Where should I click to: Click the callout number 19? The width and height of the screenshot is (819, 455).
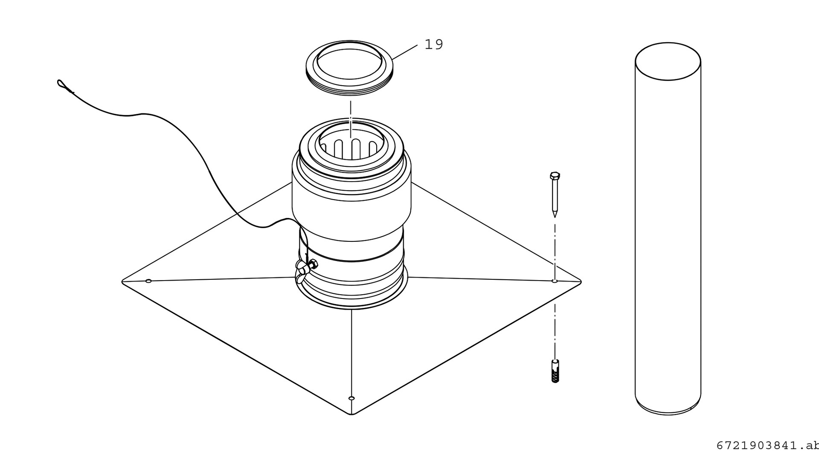click(x=434, y=44)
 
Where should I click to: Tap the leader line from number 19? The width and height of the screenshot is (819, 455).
click(x=404, y=52)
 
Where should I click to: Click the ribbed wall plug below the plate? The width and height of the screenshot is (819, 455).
click(x=555, y=371)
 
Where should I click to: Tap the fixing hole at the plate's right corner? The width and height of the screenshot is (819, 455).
click(x=555, y=281)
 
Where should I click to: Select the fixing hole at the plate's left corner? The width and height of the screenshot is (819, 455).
click(x=148, y=281)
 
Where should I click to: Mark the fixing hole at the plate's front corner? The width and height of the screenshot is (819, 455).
click(x=351, y=398)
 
